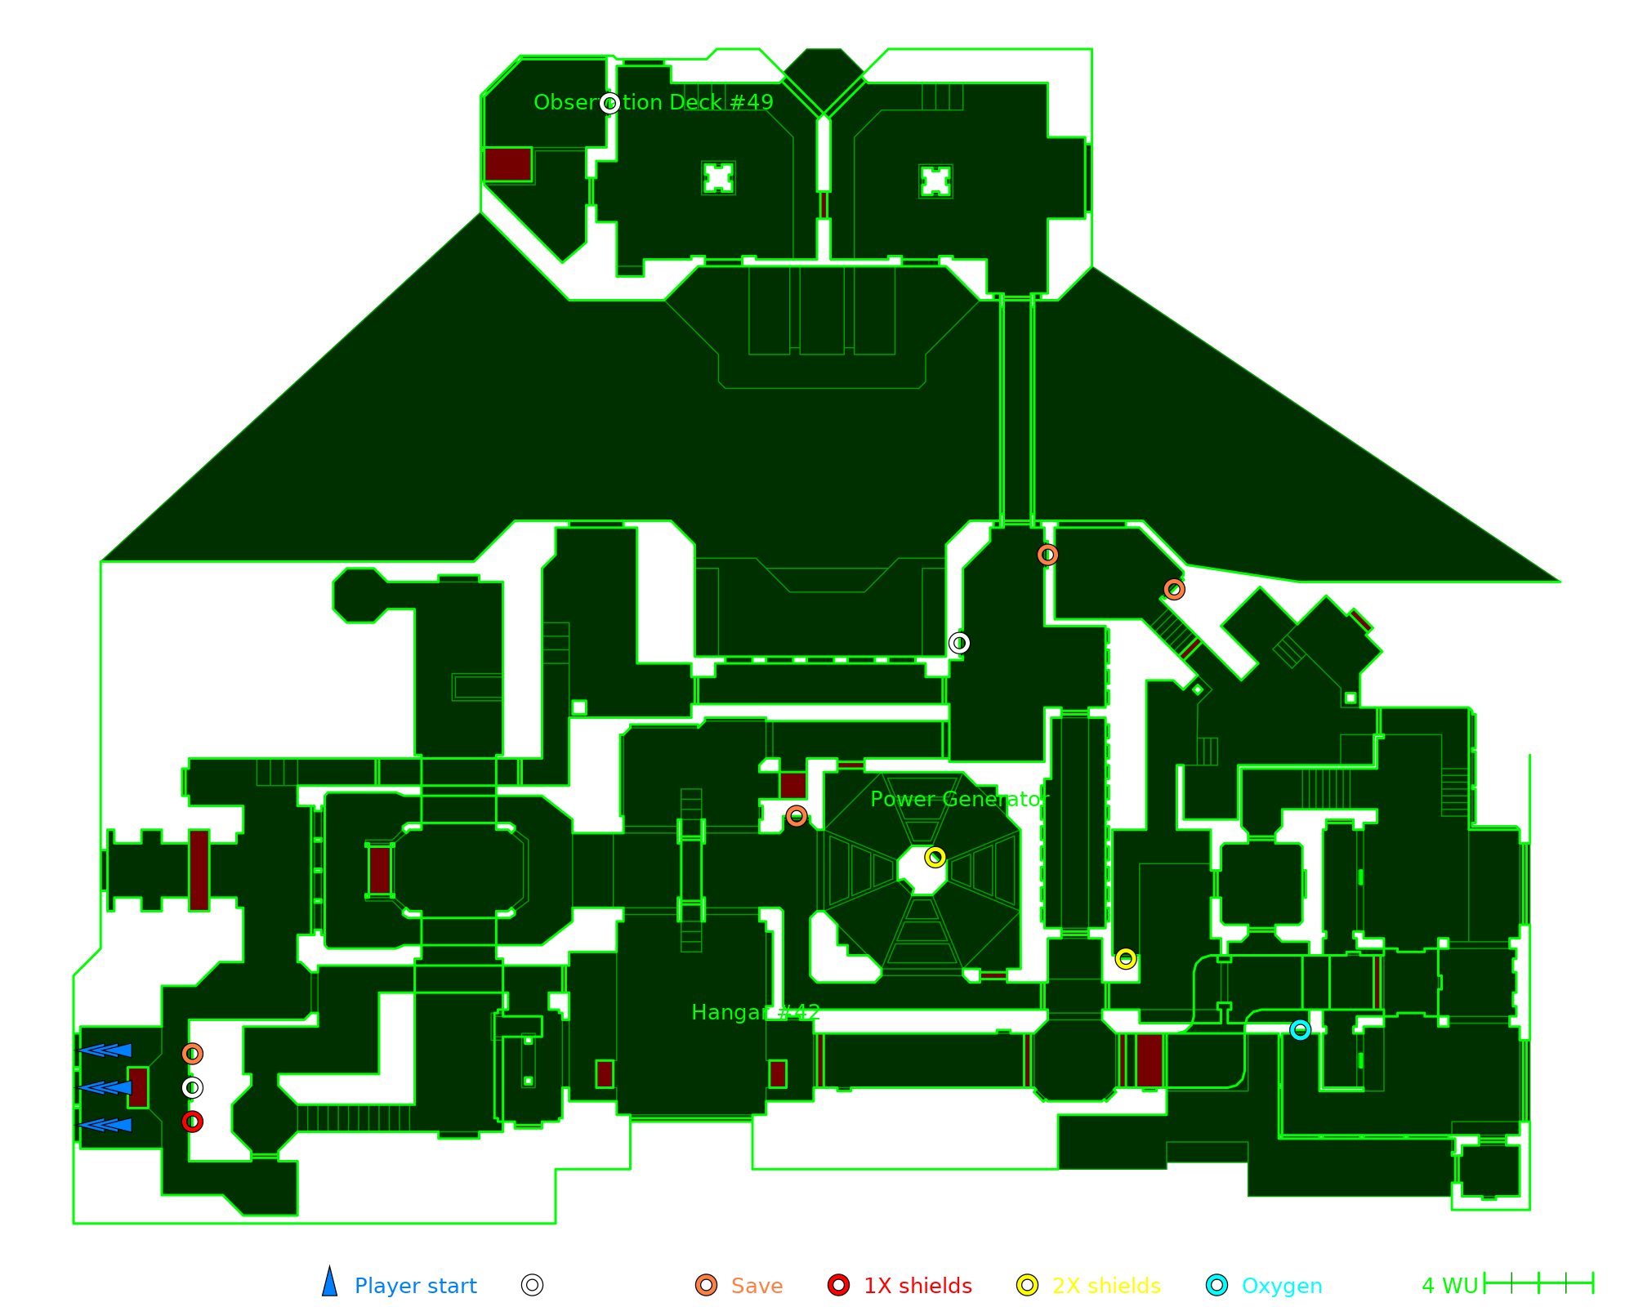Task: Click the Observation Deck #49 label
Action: [653, 102]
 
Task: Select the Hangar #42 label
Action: [755, 1012]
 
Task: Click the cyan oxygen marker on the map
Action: [1300, 1030]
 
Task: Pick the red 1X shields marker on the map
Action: [192, 1122]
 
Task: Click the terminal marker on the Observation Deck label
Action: [609, 103]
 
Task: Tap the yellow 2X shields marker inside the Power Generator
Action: [935, 857]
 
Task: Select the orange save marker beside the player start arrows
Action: [192, 1054]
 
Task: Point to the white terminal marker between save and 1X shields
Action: [192, 1087]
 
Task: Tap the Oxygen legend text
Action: [1281, 1286]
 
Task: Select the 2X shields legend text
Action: [1106, 1286]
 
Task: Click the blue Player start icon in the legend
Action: [329, 1282]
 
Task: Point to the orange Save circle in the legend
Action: [706, 1285]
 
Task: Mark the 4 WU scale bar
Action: [1538, 1283]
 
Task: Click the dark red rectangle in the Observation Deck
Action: [507, 164]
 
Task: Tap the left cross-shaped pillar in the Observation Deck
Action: [718, 177]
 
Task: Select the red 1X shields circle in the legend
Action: [838, 1285]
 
